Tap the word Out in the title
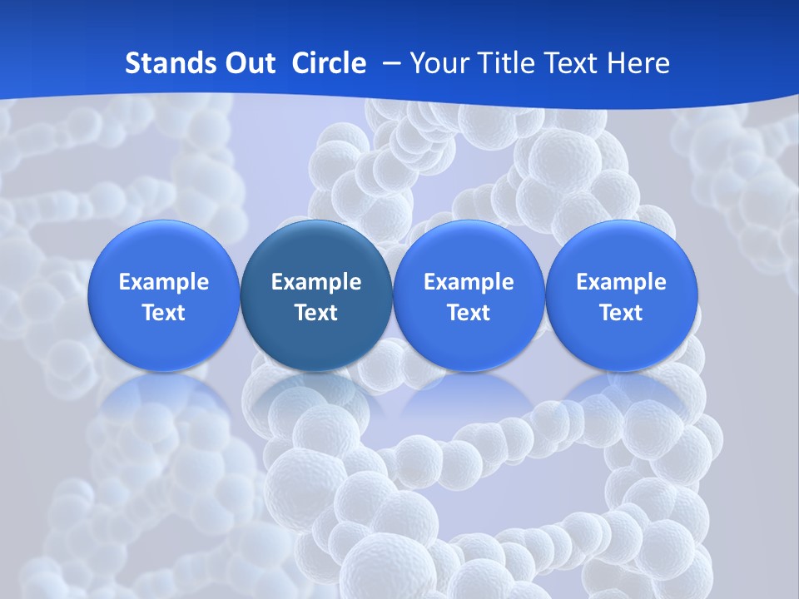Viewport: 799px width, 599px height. pos(247,63)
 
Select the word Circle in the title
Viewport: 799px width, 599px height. pos(329,63)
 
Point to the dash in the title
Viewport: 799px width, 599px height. pos(388,63)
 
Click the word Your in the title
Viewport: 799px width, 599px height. pos(437,63)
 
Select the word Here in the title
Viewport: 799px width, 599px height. pos(638,63)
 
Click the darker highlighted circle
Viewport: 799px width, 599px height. pos(316,295)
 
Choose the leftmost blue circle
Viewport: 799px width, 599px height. pos(164,295)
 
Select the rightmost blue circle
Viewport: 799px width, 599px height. pos(621,295)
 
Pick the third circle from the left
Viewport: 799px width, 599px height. pos(469,295)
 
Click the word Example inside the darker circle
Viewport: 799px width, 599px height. pos(316,282)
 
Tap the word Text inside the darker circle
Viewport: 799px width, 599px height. pos(316,313)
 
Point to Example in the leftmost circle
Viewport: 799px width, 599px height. pos(164,282)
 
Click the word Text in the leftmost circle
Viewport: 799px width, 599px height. pos(164,313)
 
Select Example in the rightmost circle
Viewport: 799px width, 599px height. pos(621,282)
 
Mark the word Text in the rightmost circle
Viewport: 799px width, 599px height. pos(621,313)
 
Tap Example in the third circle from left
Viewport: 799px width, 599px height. pos(469,282)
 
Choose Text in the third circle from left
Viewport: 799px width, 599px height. pos(469,313)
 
